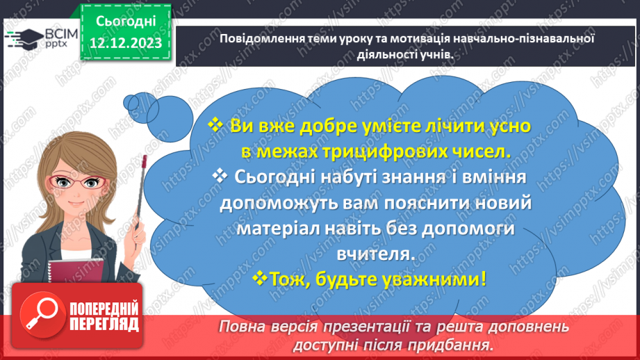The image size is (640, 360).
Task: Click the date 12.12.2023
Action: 125,43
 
